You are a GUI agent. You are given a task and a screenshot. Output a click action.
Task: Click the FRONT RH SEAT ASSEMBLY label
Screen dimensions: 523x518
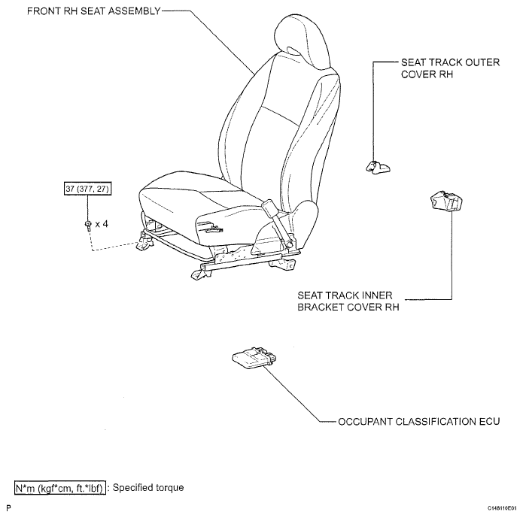point(94,11)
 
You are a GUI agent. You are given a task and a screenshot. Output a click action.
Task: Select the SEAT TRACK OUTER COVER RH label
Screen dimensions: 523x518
point(450,68)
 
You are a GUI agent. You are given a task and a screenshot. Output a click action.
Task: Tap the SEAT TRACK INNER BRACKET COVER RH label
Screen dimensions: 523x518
point(348,301)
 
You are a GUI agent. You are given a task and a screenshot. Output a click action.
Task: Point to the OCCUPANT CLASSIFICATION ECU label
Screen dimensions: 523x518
point(419,421)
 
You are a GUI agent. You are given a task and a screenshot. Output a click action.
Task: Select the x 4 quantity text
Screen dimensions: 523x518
point(102,224)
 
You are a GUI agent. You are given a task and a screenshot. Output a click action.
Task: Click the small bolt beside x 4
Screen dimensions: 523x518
point(88,226)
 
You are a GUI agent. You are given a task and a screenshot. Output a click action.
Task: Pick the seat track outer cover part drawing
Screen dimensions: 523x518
point(378,167)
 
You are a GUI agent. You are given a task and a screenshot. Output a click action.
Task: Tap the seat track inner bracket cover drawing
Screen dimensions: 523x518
point(446,201)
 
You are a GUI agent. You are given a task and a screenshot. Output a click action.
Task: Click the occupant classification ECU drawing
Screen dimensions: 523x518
point(254,358)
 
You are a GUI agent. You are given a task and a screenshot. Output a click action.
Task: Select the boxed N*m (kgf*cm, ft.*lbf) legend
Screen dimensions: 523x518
point(60,488)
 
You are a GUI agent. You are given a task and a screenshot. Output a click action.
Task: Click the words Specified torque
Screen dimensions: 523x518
point(148,488)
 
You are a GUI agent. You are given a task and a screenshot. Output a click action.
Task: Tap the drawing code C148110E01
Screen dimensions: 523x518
point(502,508)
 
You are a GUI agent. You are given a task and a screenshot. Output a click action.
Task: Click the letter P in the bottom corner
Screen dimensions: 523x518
point(9,508)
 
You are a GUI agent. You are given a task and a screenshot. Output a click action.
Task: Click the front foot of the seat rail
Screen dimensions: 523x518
point(201,274)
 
